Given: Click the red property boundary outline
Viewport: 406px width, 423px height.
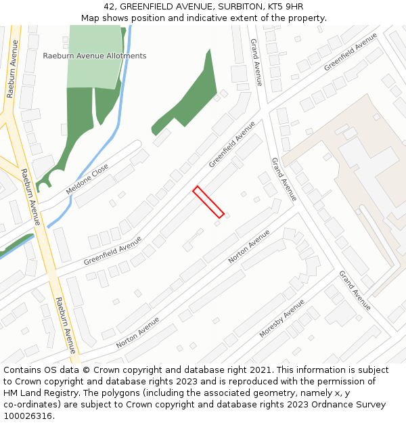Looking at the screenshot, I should [x=208, y=202].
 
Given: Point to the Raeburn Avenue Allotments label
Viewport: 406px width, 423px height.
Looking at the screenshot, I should [x=95, y=55].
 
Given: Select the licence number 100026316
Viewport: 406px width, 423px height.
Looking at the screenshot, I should [x=28, y=416].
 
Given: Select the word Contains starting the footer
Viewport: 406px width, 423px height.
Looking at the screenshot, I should [x=23, y=370].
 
